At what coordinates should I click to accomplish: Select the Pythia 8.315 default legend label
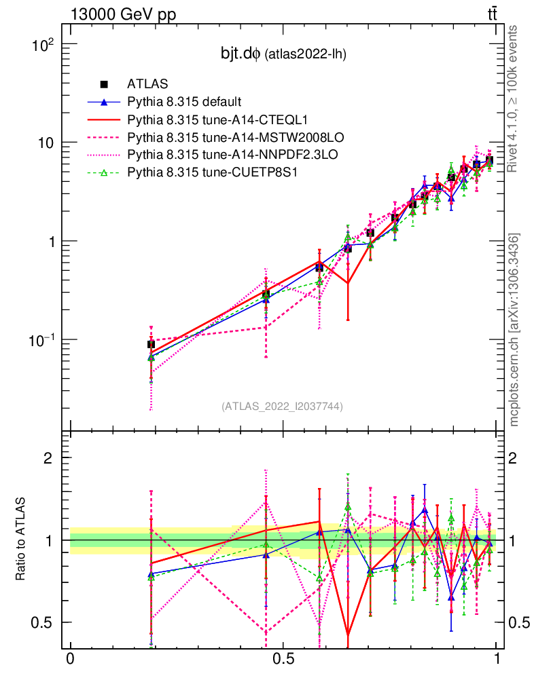[184, 102]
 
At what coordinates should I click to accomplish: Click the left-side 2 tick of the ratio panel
[48, 458]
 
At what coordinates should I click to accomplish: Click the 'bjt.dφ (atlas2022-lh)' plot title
[279, 54]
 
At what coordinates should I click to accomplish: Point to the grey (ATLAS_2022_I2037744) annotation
[281, 406]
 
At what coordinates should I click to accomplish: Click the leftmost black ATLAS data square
[151, 345]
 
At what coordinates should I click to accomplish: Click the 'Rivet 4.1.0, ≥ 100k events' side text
[514, 98]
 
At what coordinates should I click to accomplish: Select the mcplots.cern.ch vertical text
[514, 330]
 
